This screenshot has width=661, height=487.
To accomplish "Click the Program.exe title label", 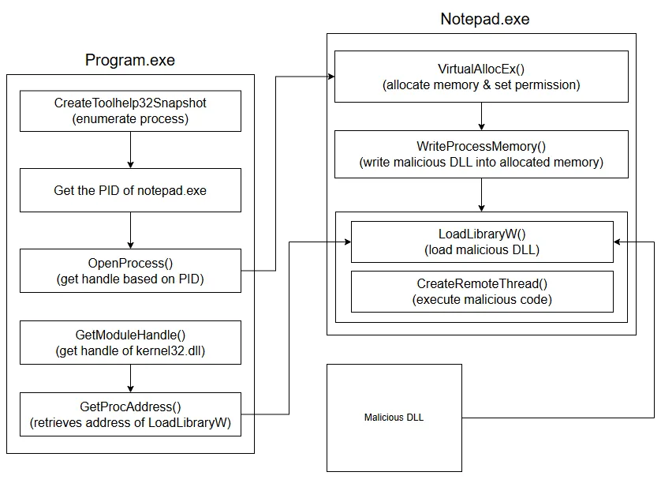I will [x=130, y=61].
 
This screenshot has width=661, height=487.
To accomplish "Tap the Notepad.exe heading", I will [x=484, y=19].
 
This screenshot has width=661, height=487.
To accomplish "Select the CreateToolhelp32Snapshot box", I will [x=130, y=111].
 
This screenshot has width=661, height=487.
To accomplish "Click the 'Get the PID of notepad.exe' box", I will [x=130, y=190].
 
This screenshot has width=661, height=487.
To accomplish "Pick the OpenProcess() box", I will [x=130, y=271].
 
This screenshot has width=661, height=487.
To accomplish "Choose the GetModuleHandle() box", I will [x=130, y=343].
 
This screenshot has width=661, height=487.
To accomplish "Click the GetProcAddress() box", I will [x=130, y=414].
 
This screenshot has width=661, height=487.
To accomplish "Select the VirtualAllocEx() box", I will [x=481, y=77].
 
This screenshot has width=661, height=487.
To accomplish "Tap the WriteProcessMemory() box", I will [x=481, y=155].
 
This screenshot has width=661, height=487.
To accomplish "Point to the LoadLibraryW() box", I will [x=481, y=242].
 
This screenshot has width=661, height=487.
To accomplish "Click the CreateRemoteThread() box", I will [x=481, y=292].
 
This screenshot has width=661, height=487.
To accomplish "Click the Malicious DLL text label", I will [x=394, y=418].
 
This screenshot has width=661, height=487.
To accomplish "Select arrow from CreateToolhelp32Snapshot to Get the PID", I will [x=130, y=150].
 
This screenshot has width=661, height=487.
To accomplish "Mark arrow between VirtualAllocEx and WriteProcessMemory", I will [x=481, y=117].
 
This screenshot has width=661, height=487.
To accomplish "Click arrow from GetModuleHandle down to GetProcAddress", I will [x=130, y=378].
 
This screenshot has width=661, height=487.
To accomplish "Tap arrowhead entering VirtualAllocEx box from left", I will [x=330, y=77].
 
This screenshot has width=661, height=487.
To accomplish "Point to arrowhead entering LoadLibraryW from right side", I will [x=618, y=242].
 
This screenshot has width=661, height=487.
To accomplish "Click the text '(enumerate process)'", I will [x=130, y=118].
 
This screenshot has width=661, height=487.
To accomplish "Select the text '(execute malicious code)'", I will [x=481, y=300].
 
